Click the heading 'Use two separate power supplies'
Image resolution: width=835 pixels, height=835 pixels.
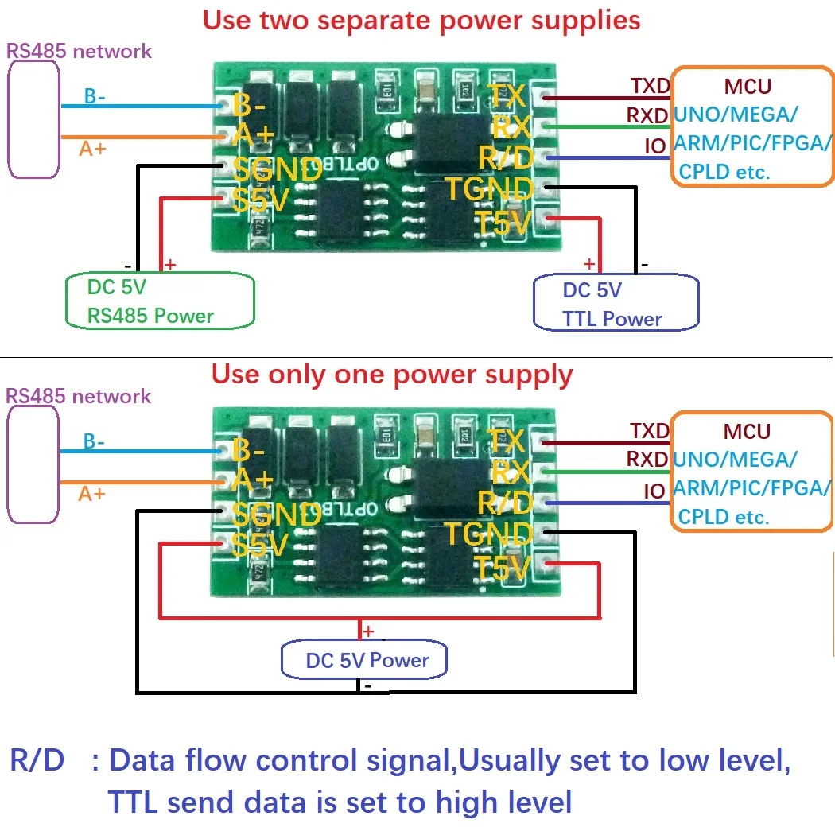(421, 20)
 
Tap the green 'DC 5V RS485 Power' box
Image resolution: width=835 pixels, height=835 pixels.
(159, 301)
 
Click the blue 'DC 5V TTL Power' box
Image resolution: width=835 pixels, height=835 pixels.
(616, 304)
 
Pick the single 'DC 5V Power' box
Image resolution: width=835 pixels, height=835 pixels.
(366, 660)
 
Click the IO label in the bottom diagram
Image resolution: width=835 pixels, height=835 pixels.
(654, 491)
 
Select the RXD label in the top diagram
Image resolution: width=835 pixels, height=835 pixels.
(647, 116)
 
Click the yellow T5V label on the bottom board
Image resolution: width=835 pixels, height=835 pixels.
(502, 568)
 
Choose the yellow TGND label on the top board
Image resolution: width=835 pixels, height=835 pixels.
(488, 189)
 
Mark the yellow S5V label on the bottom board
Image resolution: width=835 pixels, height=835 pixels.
(261, 546)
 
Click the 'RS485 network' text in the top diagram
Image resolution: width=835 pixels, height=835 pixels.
(79, 52)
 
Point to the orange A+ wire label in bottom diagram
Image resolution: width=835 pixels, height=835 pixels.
(91, 494)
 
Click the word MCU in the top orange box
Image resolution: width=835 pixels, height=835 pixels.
(748, 86)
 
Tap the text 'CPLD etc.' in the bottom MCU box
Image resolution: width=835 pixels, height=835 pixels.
(723, 517)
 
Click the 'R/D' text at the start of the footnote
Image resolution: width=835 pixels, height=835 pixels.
(37, 761)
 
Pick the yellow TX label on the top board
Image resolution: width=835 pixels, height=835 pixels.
(507, 96)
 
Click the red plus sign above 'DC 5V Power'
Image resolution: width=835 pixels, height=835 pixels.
(368, 631)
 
